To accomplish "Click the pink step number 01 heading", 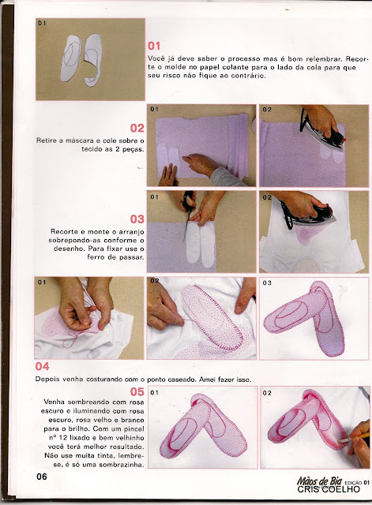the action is [x=154, y=46].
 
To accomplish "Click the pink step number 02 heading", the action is [x=137, y=128].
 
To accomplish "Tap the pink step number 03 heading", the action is [x=137, y=219].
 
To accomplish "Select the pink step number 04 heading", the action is [x=42, y=366].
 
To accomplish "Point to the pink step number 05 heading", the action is [x=137, y=391].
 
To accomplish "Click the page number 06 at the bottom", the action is [x=42, y=477].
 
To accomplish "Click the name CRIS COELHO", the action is [x=329, y=489].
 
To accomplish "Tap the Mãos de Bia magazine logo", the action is [x=319, y=481].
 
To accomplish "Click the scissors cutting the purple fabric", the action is [x=189, y=212].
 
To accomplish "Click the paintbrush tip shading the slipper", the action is [x=340, y=441].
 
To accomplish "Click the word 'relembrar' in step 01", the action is [x=325, y=59].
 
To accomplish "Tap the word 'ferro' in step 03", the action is [x=96, y=257].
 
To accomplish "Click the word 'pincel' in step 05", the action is [x=133, y=429].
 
